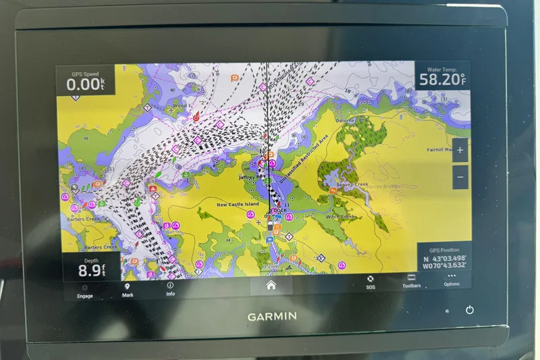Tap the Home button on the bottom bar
(x=271, y=286)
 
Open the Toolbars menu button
(x=411, y=281)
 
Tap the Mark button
(x=128, y=290)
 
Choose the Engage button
(x=85, y=290)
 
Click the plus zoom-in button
(x=460, y=151)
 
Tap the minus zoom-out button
(x=460, y=177)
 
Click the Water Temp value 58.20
(x=442, y=80)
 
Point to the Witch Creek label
(x=340, y=217)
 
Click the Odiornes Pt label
(x=350, y=120)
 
